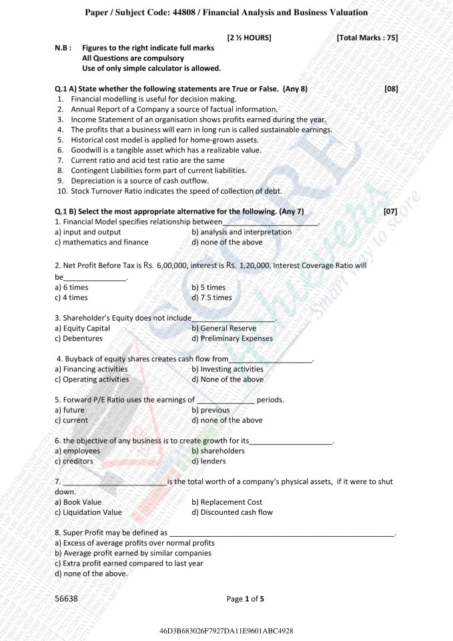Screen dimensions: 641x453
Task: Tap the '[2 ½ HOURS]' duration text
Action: (x=249, y=38)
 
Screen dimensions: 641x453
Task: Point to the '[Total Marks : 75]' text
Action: (x=367, y=38)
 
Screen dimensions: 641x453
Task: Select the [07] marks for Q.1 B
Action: (x=390, y=212)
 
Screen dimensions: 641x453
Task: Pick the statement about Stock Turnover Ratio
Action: (x=176, y=191)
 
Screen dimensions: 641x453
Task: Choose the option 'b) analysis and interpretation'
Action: (x=242, y=232)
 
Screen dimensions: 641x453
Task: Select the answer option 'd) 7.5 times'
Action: (x=211, y=297)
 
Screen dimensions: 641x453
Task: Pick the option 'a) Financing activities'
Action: (x=91, y=369)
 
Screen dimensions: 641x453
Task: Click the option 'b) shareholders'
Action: (x=217, y=451)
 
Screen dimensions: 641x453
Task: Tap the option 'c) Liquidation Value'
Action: (x=88, y=512)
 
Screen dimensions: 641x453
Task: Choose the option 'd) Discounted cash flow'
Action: (x=232, y=512)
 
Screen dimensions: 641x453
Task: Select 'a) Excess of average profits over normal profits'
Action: (x=134, y=543)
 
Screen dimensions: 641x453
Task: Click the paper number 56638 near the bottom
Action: (x=66, y=599)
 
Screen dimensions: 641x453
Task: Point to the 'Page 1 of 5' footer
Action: (x=246, y=599)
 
